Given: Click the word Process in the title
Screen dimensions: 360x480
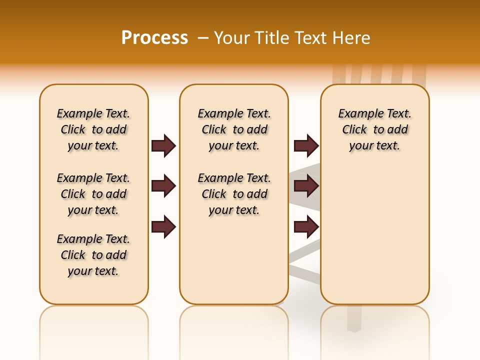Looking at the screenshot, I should (154, 38).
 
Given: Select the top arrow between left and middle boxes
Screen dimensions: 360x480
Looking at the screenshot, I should (163, 145).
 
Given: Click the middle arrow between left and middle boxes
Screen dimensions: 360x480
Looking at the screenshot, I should (163, 186).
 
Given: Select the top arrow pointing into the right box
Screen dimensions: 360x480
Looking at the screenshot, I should (306, 145).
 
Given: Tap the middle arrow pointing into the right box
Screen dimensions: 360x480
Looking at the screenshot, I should (306, 186).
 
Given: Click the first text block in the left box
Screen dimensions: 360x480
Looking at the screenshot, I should (93, 129).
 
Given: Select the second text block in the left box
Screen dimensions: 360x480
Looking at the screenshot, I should (93, 194).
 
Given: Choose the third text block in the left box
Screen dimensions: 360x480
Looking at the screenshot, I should (93, 255).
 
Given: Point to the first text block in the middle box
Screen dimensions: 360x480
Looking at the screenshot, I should (234, 129).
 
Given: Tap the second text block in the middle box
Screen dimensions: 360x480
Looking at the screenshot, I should (234, 194).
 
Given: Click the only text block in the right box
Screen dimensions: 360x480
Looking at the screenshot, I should (374, 129).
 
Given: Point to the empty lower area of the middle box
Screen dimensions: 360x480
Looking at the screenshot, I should (234, 260).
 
